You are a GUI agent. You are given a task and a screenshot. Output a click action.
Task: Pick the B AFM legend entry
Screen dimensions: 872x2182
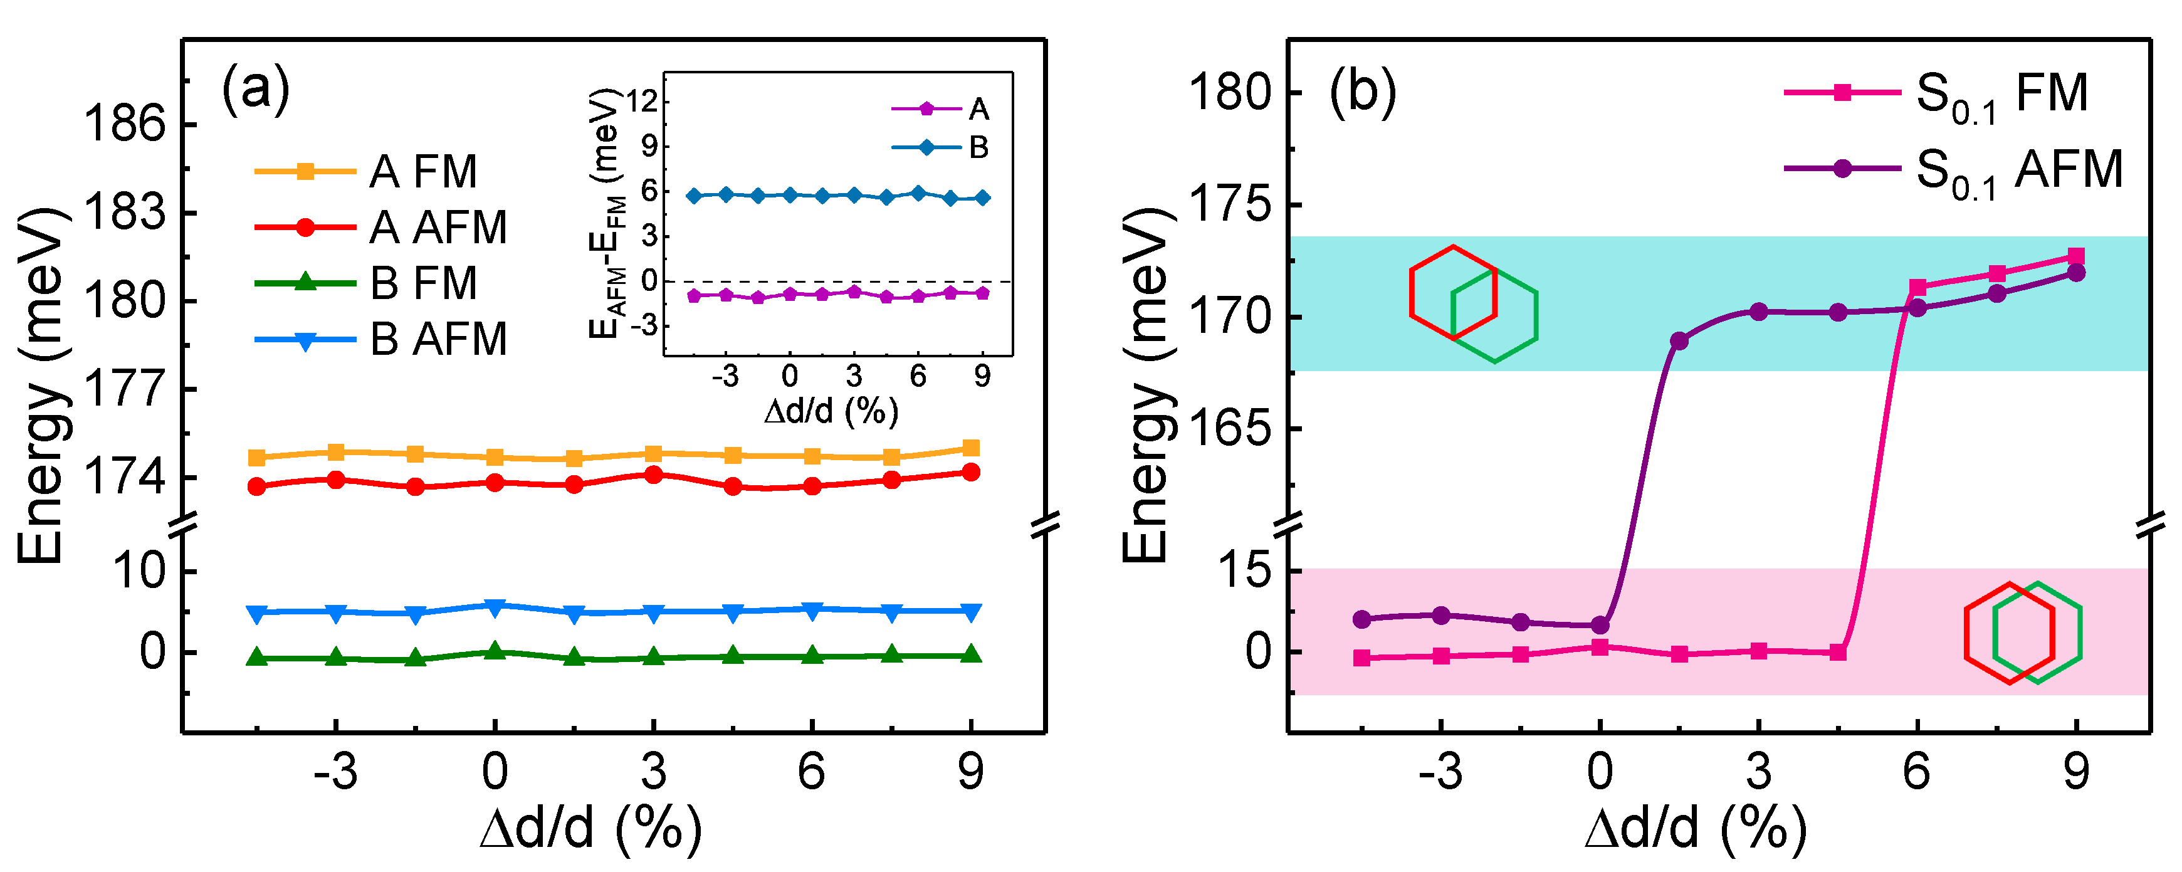381,340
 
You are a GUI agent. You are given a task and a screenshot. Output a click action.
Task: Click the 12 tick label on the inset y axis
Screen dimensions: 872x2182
642,102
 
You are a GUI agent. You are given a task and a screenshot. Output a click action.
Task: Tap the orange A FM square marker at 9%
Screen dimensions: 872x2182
971,448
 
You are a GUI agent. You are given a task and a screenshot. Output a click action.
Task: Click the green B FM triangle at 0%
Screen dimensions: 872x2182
495,652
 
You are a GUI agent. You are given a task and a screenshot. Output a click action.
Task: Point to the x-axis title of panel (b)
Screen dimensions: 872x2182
1694,828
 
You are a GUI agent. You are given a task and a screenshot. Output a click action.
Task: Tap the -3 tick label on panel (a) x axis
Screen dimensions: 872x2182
335,772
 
